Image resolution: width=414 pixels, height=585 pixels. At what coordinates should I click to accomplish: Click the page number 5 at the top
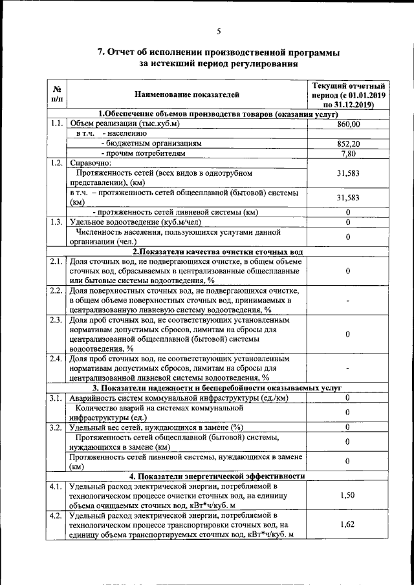tap(219, 32)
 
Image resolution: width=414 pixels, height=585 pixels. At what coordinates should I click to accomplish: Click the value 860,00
tap(348, 123)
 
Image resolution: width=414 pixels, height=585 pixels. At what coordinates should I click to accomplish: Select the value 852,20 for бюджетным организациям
tap(348, 144)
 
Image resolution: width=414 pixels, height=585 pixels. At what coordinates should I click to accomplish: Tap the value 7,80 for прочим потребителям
tap(348, 153)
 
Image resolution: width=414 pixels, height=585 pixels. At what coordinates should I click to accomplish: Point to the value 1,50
tap(348, 495)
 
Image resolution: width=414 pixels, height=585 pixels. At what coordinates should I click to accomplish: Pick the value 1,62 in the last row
tap(348, 525)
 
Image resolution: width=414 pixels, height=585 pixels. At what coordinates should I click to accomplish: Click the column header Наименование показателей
tap(187, 94)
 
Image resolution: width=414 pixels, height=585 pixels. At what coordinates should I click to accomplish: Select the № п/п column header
tap(57, 94)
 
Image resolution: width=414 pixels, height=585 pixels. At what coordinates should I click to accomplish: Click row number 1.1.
tap(56, 123)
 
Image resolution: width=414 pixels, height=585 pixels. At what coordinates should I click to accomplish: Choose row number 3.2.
tap(56, 427)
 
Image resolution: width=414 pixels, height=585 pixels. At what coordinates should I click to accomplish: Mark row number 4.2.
tap(56, 515)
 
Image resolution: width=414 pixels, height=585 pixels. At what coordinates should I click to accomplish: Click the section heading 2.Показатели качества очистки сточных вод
tap(219, 251)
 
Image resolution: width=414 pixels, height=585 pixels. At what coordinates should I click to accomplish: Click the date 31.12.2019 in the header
tap(356, 103)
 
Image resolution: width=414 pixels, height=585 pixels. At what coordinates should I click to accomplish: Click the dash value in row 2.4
tap(348, 368)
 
